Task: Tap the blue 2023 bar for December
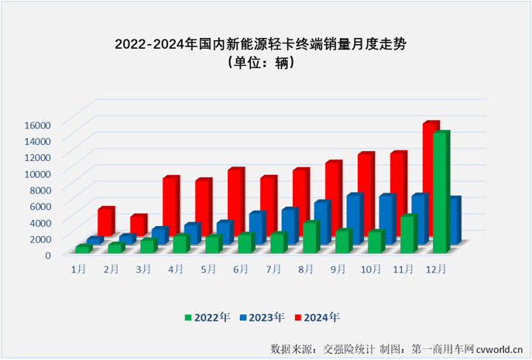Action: coord(455,221)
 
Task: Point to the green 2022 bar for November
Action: coord(407,234)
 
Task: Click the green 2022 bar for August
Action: coord(310,237)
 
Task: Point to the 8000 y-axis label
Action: coord(39,190)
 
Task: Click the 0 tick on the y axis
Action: coord(47,255)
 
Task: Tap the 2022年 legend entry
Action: coord(206,317)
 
